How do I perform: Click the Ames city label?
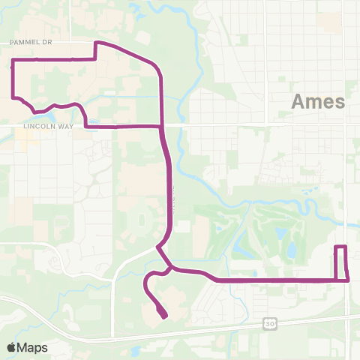[317, 102]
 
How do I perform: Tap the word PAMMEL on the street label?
[23, 43]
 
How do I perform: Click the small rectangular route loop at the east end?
[341, 262]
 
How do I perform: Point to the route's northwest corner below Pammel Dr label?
[13, 58]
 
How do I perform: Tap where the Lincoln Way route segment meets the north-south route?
[161, 127]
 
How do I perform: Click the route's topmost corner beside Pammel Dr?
[94, 43]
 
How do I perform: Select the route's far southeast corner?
[348, 280]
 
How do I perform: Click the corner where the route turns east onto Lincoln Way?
[87, 127]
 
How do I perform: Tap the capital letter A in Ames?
[297, 102]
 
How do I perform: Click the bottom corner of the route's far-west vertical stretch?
[13, 96]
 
